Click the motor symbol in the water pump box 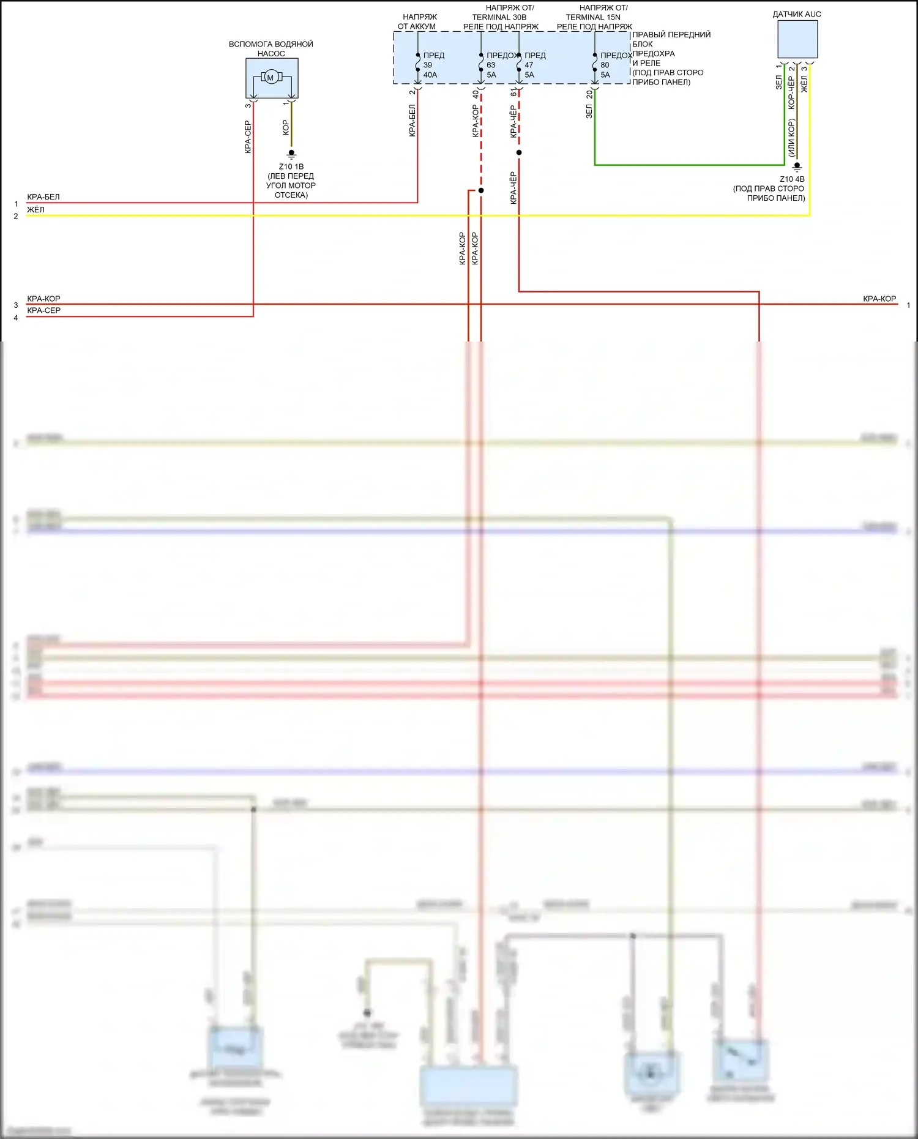pyautogui.click(x=271, y=77)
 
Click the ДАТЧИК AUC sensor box pyautogui.click(x=797, y=39)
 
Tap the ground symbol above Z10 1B pyautogui.click(x=291, y=154)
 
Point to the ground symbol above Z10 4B pyautogui.click(x=797, y=166)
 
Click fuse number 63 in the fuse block pyautogui.click(x=491, y=65)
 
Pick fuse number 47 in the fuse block pyautogui.click(x=529, y=65)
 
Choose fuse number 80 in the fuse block pyautogui.click(x=605, y=65)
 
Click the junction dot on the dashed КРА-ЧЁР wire pyautogui.click(x=519, y=152)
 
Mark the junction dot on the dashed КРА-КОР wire pyautogui.click(x=481, y=190)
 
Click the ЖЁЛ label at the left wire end pyautogui.click(x=35, y=210)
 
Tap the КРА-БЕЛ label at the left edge pyautogui.click(x=43, y=197)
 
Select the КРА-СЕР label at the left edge pyautogui.click(x=43, y=310)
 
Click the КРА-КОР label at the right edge pyautogui.click(x=879, y=299)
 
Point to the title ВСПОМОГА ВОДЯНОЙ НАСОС pyautogui.click(x=271, y=48)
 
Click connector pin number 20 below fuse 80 pyautogui.click(x=589, y=95)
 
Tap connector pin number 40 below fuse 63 pyautogui.click(x=476, y=95)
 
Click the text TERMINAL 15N pyautogui.click(x=593, y=17)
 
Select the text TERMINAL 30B pyautogui.click(x=499, y=17)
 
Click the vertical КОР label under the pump pyautogui.click(x=285, y=127)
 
